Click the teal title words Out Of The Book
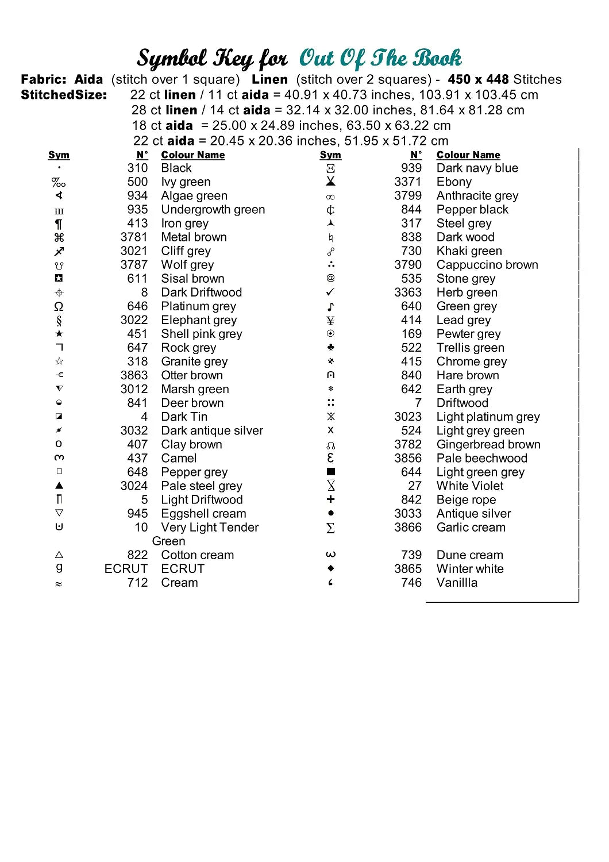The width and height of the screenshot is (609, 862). pyautogui.click(x=380, y=58)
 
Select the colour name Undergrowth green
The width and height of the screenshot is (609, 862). pyautogui.click(x=213, y=210)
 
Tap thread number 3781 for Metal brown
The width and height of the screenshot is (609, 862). pyautogui.click(x=134, y=237)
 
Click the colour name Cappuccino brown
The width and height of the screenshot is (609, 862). pyautogui.click(x=487, y=265)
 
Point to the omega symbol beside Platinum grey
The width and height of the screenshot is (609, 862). pyautogui.click(x=59, y=306)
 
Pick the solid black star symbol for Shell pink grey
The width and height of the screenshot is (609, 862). pyautogui.click(x=59, y=334)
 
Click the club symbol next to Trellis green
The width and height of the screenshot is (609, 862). pyautogui.click(x=330, y=348)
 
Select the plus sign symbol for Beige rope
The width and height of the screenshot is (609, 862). pyautogui.click(x=330, y=499)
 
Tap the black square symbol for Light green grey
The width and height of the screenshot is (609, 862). pyautogui.click(x=330, y=472)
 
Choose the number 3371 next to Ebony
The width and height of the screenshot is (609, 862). pyautogui.click(x=408, y=182)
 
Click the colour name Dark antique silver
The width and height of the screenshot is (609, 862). pyautogui.click(x=212, y=430)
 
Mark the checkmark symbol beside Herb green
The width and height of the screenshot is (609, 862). pyautogui.click(x=330, y=293)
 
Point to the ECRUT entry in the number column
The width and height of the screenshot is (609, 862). pyautogui.click(x=126, y=569)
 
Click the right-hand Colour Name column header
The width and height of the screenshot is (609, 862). pyautogui.click(x=468, y=155)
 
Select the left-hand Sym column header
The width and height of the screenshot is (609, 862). pyautogui.click(x=59, y=155)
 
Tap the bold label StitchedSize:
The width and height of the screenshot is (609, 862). pyautogui.click(x=64, y=95)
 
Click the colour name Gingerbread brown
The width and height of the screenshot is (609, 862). pyautogui.click(x=488, y=444)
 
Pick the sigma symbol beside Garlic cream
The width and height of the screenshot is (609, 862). pyautogui.click(x=330, y=528)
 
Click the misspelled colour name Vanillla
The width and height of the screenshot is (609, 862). pyautogui.click(x=457, y=583)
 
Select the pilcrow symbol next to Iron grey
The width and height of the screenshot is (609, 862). pyautogui.click(x=59, y=224)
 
